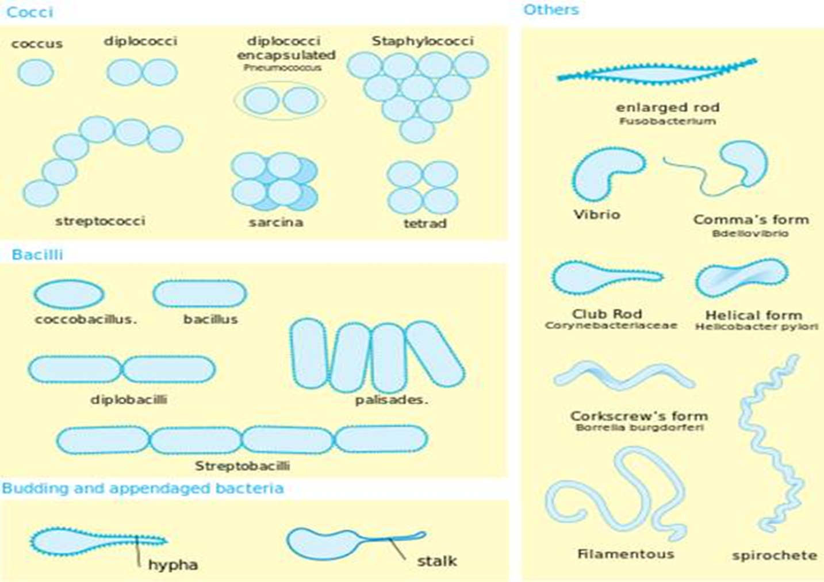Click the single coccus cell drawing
[36, 73]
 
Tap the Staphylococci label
[423, 41]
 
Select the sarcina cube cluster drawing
[274, 182]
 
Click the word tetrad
[425, 223]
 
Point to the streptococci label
[100, 221]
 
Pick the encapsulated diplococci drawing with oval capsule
[280, 101]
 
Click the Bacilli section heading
[37, 255]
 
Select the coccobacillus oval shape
[69, 294]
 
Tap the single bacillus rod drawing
[200, 294]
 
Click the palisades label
[392, 400]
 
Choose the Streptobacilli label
[242, 466]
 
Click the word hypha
[173, 565]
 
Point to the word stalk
[437, 561]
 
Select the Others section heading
[551, 10]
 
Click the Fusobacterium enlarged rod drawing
[656, 73]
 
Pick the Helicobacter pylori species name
[757, 327]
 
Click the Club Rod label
[607, 314]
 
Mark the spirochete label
[775, 556]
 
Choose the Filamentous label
[626, 554]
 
